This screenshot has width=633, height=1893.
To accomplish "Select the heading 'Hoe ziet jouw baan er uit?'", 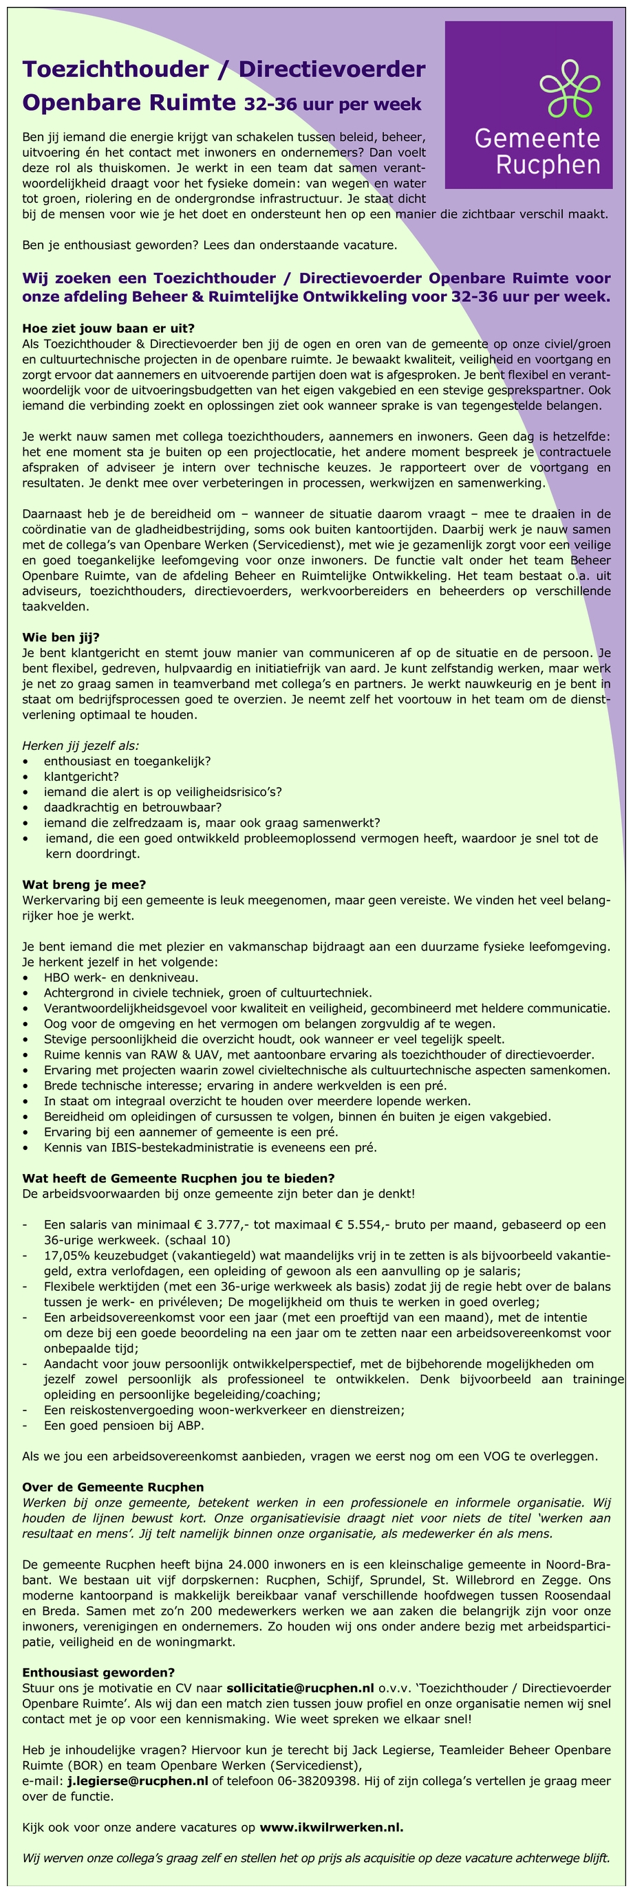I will coord(108,329).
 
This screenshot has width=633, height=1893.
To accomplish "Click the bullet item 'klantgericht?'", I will coord(81,776).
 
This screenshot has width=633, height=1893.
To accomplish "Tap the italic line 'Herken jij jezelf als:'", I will coord(81,745).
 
